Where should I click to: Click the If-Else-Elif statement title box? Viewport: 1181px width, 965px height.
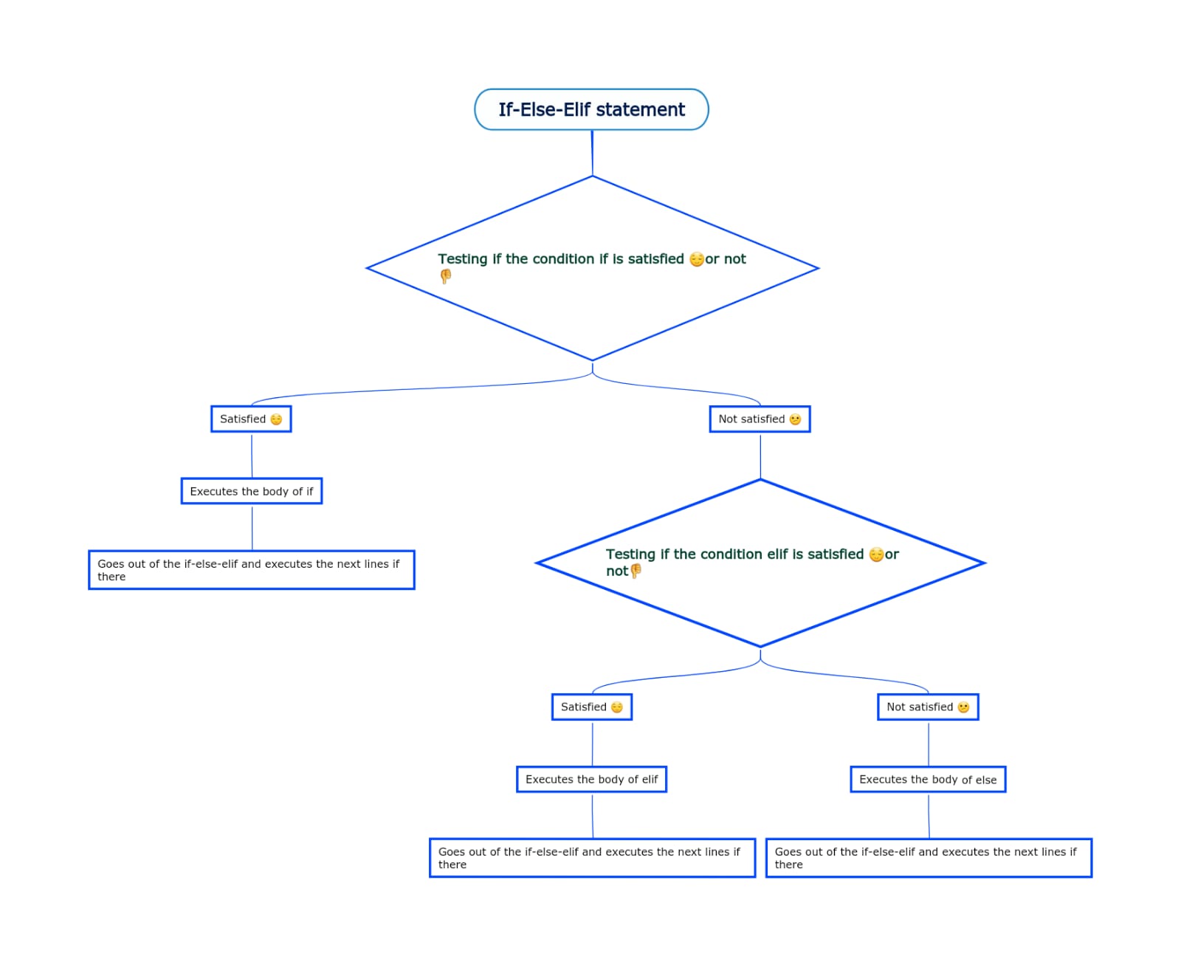click(591, 110)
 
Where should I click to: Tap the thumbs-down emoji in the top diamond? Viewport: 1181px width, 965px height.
click(446, 276)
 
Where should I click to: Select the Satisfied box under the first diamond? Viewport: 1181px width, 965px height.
click(251, 419)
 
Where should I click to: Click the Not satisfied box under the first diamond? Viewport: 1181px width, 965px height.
click(760, 419)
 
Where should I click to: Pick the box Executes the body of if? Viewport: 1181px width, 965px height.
click(252, 492)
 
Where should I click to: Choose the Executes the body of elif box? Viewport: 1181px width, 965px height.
click(591, 780)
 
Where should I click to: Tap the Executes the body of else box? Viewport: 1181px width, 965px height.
click(928, 780)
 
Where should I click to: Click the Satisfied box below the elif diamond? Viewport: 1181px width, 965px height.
click(592, 707)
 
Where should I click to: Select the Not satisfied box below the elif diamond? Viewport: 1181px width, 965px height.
click(928, 707)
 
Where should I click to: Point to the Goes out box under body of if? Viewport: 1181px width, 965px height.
click(252, 570)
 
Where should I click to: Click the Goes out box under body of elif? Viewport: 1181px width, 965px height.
click(592, 858)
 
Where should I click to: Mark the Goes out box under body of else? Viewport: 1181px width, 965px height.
click(929, 858)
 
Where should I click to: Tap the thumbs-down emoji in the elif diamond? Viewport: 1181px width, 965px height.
click(636, 571)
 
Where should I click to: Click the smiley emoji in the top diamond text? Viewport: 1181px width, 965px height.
click(696, 259)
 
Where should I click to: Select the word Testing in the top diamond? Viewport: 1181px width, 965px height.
click(463, 259)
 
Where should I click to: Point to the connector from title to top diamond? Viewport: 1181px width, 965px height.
click(592, 154)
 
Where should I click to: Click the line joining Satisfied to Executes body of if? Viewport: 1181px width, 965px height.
click(252, 456)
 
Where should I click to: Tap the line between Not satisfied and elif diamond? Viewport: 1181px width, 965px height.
click(760, 456)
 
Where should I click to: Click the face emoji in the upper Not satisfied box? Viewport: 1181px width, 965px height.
click(795, 419)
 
